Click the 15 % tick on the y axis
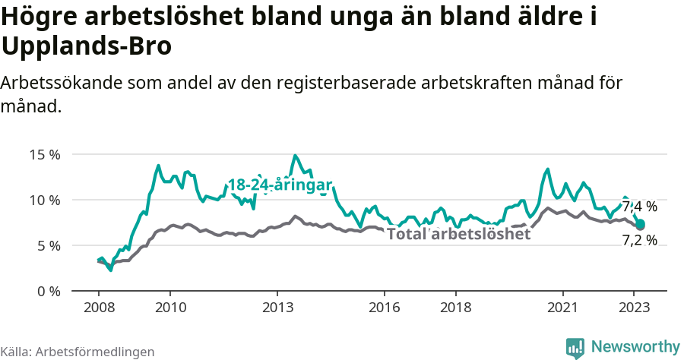45,155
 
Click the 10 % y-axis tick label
45,201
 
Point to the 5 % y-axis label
48,246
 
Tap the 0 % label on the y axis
48,292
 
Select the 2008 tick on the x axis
99,308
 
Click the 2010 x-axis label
170,308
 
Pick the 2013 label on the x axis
277,308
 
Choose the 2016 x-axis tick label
385,308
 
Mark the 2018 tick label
455,308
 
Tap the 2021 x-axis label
562,308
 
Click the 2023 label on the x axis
634,308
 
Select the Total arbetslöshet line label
458,234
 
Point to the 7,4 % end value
639,207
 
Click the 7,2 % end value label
639,241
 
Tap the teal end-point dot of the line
641,224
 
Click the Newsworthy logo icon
575,347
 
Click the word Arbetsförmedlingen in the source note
95,352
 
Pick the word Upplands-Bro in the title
87,46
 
